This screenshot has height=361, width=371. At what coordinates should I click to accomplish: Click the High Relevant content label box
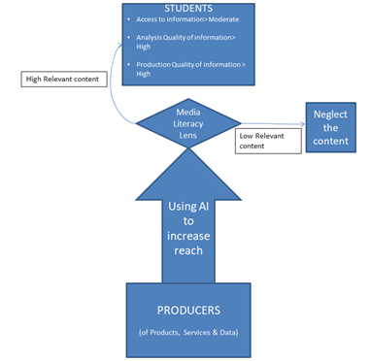coord(62,80)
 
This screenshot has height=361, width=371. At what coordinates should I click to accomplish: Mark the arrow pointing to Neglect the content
coord(282,125)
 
